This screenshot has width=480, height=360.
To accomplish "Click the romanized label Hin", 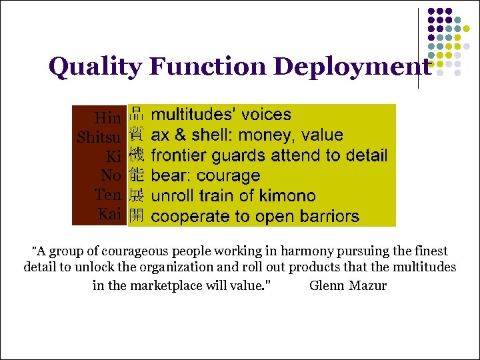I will pyautogui.click(x=108, y=119).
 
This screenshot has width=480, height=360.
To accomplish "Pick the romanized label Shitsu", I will pyautogui.click(x=99, y=138).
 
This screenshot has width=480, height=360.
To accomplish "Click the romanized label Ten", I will pyautogui.click(x=108, y=195).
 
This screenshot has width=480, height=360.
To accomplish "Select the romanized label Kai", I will pyautogui.click(x=109, y=215).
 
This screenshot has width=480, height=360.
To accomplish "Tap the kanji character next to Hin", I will pyautogui.click(x=136, y=114).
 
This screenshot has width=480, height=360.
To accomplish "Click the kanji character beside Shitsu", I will pyautogui.click(x=136, y=134).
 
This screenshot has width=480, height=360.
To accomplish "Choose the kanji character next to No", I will pyautogui.click(x=136, y=175).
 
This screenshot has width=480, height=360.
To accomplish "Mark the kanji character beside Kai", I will pyautogui.click(x=136, y=216).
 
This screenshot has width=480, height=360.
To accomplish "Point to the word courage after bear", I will pyautogui.click(x=229, y=176).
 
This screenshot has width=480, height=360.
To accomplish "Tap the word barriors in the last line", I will pyautogui.click(x=329, y=217).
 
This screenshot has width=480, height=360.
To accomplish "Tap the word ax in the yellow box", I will pyautogui.click(x=160, y=135).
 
